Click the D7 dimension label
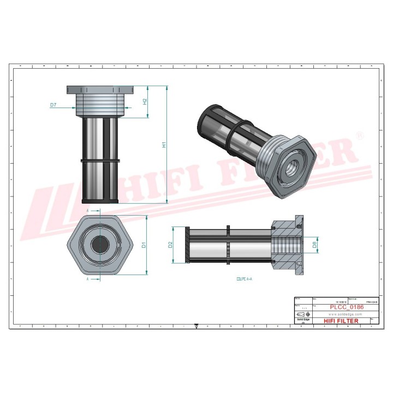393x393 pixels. click(x=53, y=104)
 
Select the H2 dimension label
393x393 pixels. click(x=145, y=101)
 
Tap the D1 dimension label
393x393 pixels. click(x=144, y=246)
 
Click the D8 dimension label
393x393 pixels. click(x=315, y=245)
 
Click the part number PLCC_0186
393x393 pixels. click(x=347, y=308)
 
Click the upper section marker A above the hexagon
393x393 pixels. click(x=87, y=210)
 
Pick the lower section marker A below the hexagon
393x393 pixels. click(x=87, y=278)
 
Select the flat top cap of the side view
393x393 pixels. click(x=100, y=88)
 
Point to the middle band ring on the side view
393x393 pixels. click(x=100, y=160)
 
